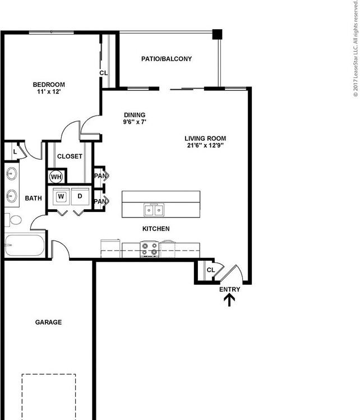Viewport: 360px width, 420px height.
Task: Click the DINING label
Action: [x=135, y=115]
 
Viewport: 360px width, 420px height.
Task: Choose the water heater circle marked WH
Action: [x=56, y=177]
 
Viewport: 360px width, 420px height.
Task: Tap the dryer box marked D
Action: [x=80, y=196]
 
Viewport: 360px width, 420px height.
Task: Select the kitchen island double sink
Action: [x=154, y=210]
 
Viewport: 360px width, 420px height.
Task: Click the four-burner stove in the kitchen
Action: [x=149, y=248]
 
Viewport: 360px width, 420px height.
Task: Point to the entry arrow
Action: [x=230, y=301]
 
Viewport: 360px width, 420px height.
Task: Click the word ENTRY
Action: [x=230, y=289]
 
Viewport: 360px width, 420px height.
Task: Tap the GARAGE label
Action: [x=48, y=322]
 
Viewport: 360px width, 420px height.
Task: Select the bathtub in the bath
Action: [x=25, y=246]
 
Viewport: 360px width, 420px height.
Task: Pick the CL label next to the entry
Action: [x=210, y=270]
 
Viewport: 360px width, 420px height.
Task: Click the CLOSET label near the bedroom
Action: [x=70, y=156]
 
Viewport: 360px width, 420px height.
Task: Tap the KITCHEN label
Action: [x=156, y=229]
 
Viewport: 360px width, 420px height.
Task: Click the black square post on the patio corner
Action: [x=217, y=34]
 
